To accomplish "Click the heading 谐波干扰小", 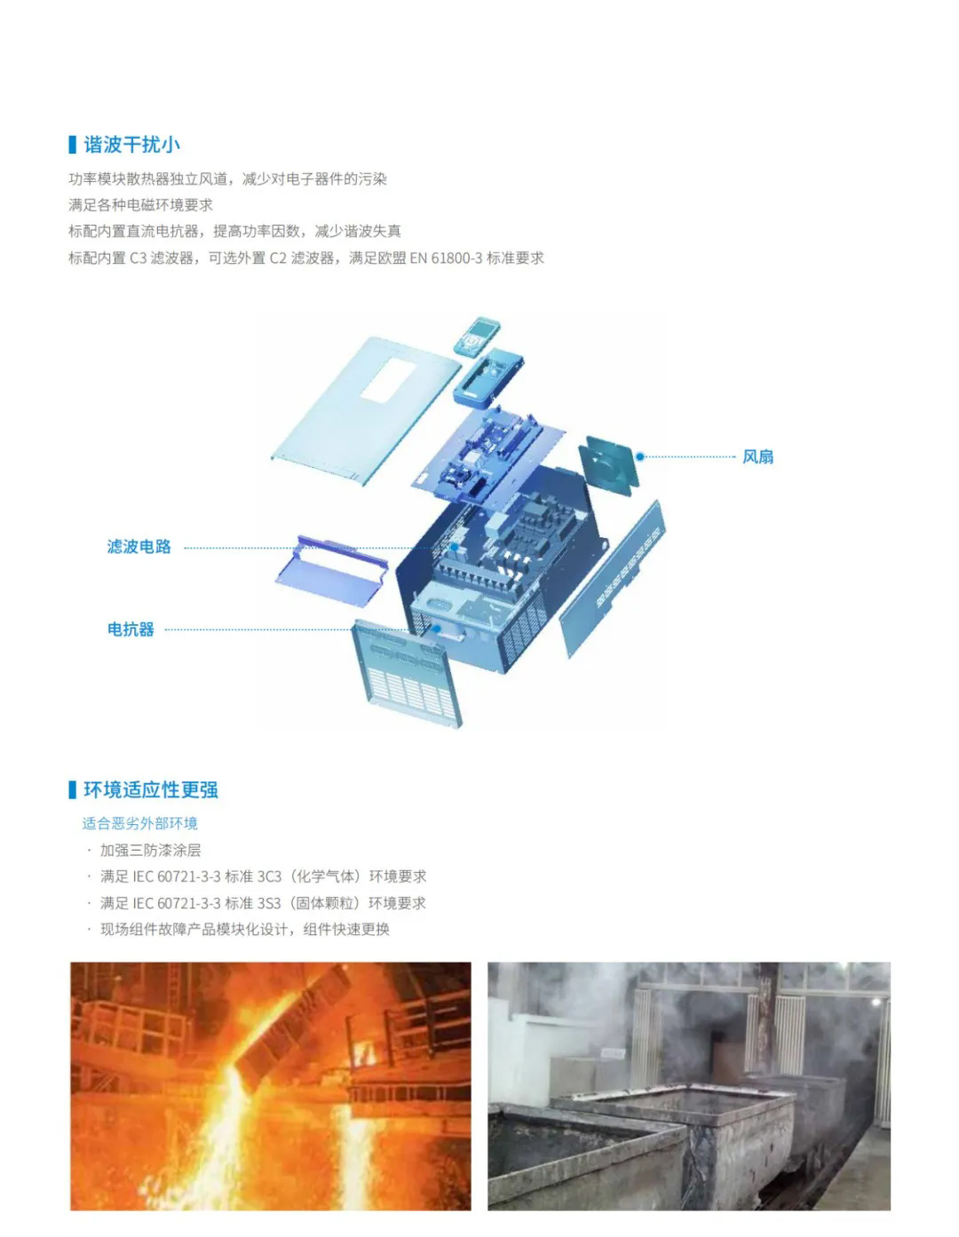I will (131, 145).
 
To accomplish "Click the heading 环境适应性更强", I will (150, 789).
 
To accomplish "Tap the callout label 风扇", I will (757, 456).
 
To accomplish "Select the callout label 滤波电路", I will (139, 547).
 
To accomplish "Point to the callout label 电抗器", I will (131, 630).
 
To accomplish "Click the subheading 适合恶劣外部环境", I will (139, 823).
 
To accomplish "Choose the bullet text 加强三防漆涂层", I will (150, 850).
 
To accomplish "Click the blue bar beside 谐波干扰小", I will (72, 145).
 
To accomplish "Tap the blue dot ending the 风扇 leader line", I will (639, 456).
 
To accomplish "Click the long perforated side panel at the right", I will (613, 577).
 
